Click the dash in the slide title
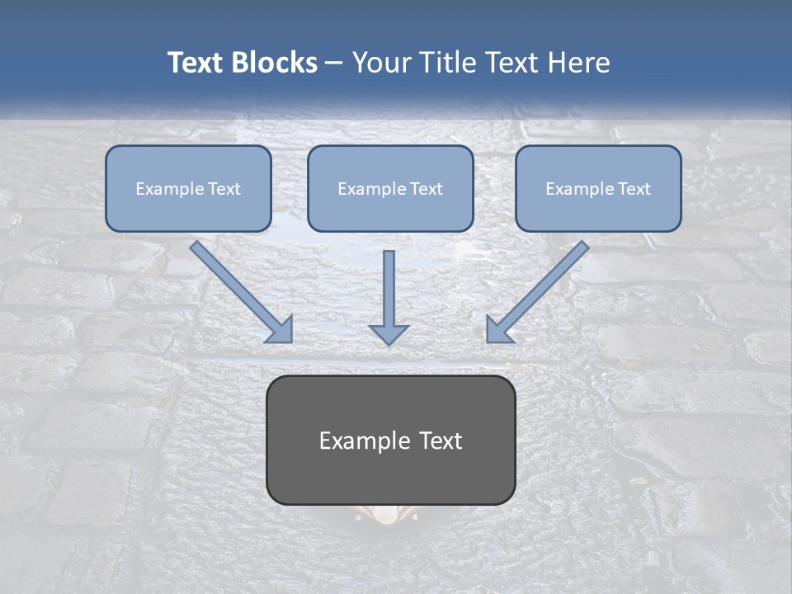point(334,64)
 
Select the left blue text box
point(188,188)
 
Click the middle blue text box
point(390,188)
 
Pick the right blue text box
point(598,188)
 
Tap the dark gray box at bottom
point(390,440)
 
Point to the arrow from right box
point(537,292)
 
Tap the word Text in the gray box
point(441,441)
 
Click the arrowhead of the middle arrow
point(389,333)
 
